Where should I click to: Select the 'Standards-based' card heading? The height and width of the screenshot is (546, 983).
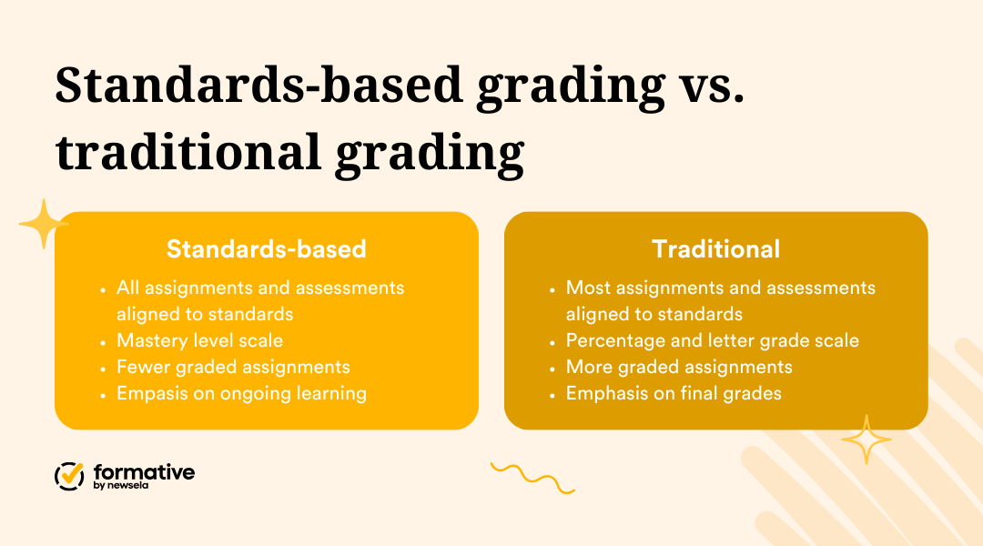click(x=266, y=248)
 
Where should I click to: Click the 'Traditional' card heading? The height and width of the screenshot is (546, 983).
click(x=715, y=248)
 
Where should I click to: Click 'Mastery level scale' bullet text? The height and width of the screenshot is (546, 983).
click(x=199, y=340)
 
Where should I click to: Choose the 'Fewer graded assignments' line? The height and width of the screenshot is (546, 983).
click(x=233, y=367)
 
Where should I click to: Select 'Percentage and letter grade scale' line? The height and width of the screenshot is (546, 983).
click(x=712, y=340)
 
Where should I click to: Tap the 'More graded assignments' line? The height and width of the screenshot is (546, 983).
click(x=679, y=367)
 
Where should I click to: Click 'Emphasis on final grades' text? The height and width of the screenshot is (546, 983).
click(x=674, y=393)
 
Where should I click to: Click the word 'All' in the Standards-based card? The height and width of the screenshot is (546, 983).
click(x=128, y=288)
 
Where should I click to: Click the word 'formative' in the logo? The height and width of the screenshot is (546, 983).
click(x=144, y=471)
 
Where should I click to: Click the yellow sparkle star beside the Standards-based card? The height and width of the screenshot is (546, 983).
click(x=43, y=223)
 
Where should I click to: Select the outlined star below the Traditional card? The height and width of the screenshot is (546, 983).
click(x=866, y=440)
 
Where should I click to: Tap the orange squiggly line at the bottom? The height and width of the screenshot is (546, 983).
click(x=532, y=477)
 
